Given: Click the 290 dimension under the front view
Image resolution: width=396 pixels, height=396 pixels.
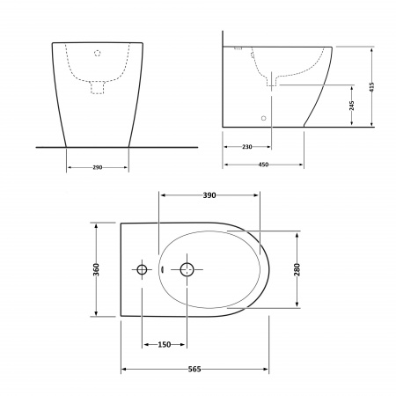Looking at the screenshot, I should point(98,166).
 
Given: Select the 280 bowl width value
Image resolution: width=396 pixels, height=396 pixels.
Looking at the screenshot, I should point(297,268).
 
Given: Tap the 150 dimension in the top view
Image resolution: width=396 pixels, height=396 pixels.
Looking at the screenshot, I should point(164,344).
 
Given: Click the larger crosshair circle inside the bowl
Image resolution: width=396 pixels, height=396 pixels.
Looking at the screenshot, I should point(187,268).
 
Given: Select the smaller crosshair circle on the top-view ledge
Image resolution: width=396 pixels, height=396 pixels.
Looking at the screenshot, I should point(141,268).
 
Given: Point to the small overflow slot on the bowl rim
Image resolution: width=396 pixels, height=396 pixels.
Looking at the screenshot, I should point(164,269).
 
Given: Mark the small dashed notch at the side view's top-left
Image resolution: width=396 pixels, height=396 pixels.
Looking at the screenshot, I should point(238,44).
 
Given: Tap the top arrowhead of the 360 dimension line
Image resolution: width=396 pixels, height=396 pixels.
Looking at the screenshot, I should point(95,225).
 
